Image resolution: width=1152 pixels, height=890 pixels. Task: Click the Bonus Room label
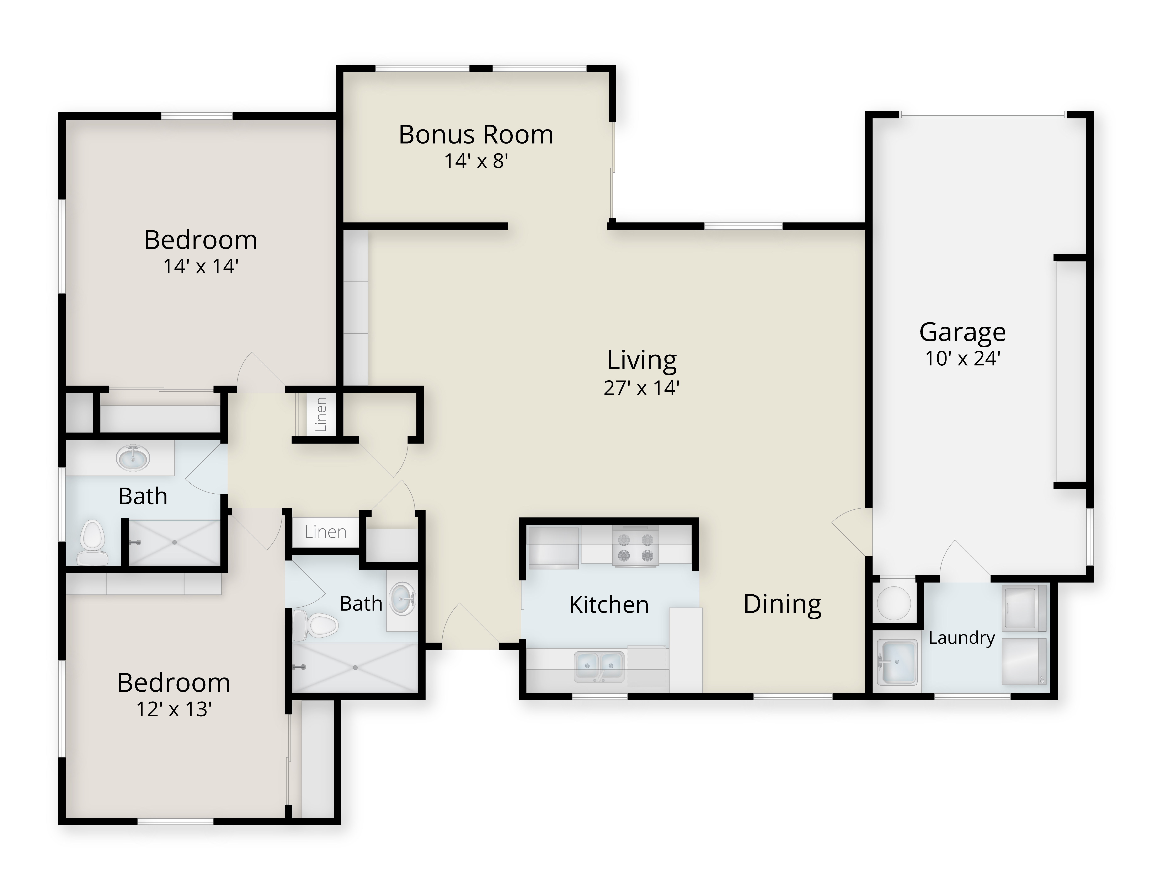coord(476,134)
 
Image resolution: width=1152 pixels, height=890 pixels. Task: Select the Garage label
coord(963,332)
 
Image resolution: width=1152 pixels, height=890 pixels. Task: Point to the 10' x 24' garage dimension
coord(963,359)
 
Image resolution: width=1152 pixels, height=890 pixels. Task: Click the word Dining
coord(782,604)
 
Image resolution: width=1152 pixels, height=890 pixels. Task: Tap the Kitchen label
coord(609,605)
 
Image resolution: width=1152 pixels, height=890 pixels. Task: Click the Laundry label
coord(962,638)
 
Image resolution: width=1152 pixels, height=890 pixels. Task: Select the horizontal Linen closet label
coord(325,532)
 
